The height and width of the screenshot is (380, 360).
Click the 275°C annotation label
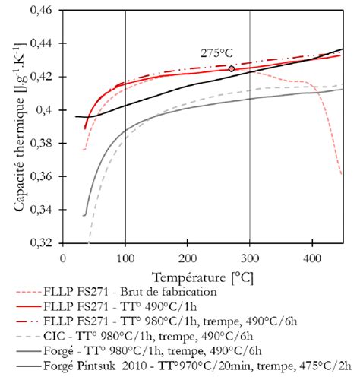[x=216, y=53]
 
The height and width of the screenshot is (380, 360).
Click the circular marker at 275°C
[x=232, y=68]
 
